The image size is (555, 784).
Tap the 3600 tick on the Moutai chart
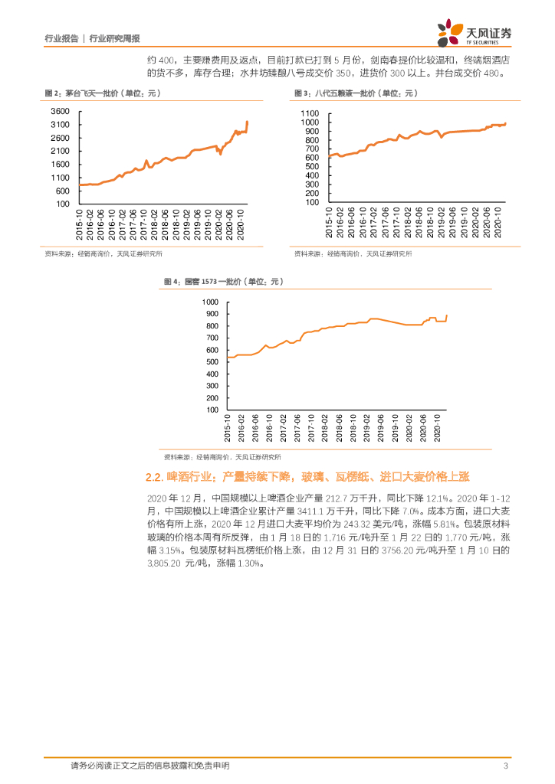point(61,112)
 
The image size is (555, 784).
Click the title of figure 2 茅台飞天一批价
point(101,93)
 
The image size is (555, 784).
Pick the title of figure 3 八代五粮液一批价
point(354,93)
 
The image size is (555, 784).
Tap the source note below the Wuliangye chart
point(353,254)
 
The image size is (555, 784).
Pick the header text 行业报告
point(61,38)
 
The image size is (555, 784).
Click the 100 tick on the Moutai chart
point(63,204)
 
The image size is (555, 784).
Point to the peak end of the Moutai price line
point(247,121)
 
